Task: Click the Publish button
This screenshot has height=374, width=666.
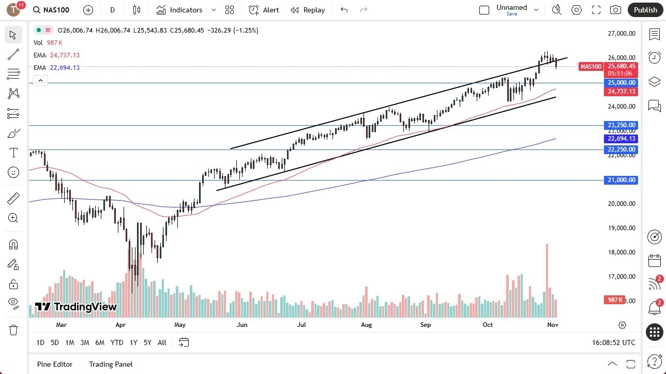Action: (645, 10)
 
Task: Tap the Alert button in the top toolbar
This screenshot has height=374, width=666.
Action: (264, 10)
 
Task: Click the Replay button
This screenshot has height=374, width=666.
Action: (308, 10)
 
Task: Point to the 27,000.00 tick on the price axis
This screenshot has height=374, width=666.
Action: (622, 34)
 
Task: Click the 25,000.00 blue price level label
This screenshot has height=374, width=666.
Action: (622, 83)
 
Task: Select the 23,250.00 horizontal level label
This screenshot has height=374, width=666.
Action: (622, 125)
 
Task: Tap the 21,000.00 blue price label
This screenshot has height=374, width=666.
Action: (622, 180)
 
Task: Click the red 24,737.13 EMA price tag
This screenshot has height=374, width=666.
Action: (622, 92)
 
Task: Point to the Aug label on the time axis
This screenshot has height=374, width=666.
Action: (366, 325)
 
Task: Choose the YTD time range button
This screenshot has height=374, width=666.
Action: (117, 342)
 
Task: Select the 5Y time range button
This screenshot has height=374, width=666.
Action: (147, 342)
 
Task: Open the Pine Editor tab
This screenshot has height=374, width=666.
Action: (55, 364)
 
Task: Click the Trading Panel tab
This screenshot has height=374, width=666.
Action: (111, 364)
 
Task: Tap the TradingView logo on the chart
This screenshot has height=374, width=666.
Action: (76, 307)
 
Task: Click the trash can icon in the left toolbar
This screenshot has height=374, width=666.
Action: (13, 330)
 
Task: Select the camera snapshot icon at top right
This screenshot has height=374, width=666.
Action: (615, 10)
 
